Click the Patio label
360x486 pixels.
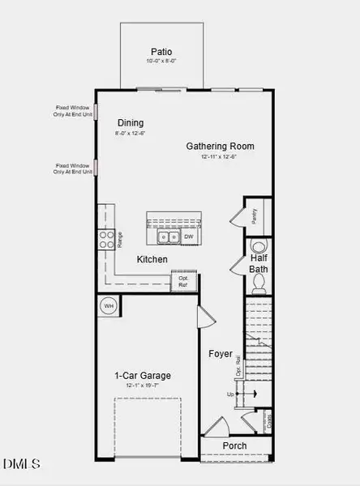point(161,49)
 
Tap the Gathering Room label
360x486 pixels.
point(220,147)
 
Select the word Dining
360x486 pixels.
point(130,123)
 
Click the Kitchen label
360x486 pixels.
point(152,259)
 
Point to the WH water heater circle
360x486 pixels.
point(108,306)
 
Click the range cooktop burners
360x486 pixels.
point(105,238)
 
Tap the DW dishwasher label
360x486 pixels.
point(187,237)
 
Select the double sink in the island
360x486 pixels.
point(168,237)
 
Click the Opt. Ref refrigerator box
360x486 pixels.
point(183,281)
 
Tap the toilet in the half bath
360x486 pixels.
point(259,283)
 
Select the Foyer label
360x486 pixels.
point(221,354)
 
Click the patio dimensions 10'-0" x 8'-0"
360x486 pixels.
point(161,61)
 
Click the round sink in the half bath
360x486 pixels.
point(259,246)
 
